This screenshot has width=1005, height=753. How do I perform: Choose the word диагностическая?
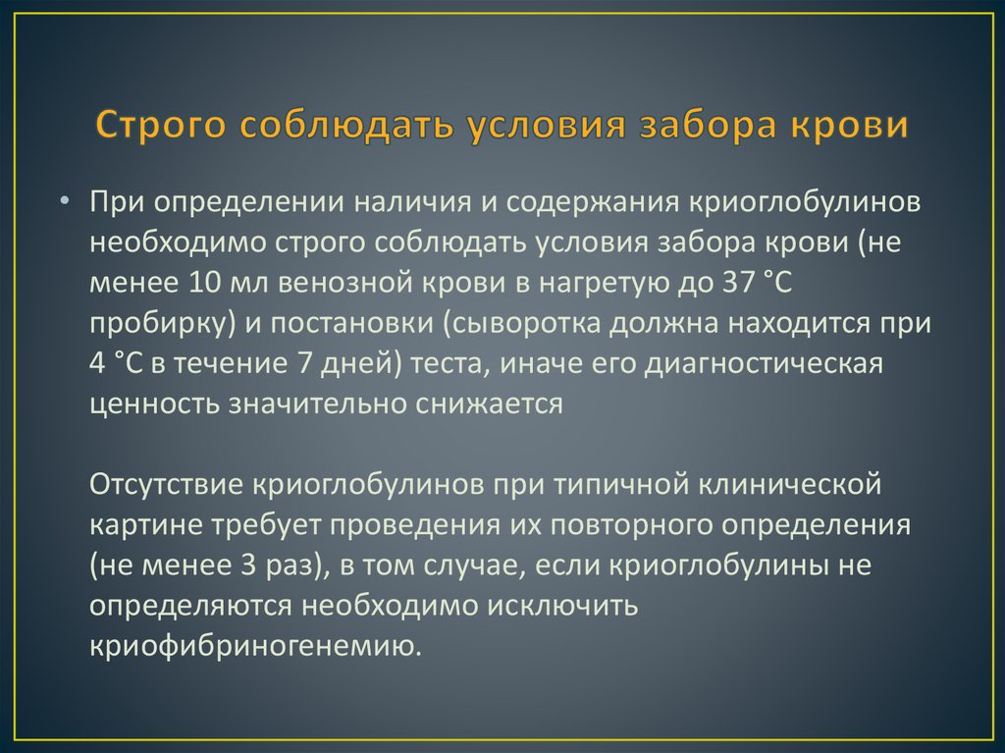coord(764,364)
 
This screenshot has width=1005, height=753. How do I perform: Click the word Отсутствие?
coord(166,485)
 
